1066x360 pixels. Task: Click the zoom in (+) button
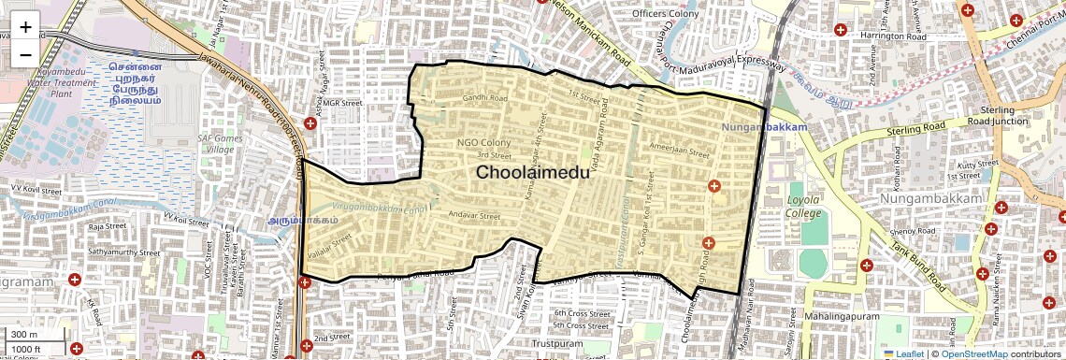[x=25, y=27]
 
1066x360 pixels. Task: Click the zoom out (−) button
[x=25, y=54]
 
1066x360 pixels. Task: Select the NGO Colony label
[x=483, y=142]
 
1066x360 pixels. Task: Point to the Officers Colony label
[x=665, y=14]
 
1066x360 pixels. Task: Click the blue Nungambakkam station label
[x=763, y=126]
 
